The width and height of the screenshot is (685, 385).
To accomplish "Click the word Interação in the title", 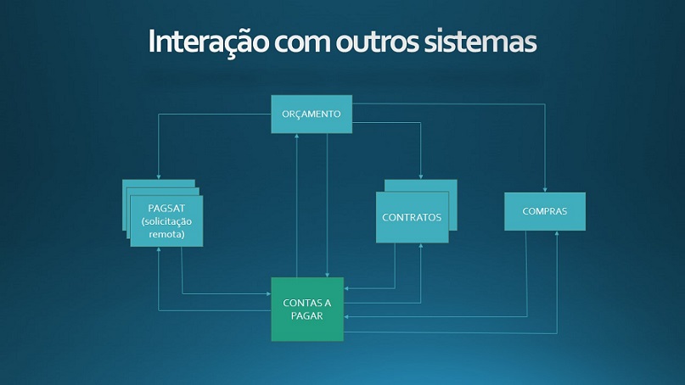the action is coord(209,41).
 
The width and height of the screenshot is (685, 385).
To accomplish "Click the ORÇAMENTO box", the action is coord(312,114).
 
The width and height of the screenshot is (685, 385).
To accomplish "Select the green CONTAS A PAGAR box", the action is coord(307,309).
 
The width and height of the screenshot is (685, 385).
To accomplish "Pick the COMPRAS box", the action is coord(545,211).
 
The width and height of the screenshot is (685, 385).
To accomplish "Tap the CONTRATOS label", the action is coord(412,217).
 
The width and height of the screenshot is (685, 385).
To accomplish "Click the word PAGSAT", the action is coord(166,209).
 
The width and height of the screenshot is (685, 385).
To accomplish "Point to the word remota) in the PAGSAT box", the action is coord(166,234).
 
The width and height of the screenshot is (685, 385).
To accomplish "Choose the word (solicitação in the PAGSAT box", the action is coord(166,221).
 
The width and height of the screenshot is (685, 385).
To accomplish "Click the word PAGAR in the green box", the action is coord(306,315).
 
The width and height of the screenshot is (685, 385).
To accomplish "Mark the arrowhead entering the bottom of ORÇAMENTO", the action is coord(296,136).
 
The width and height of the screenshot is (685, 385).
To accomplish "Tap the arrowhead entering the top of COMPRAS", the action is coord(545,190).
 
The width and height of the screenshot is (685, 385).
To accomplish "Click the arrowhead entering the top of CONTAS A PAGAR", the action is coord(327,275).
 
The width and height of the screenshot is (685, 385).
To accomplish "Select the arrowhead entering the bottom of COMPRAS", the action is coord(557,233).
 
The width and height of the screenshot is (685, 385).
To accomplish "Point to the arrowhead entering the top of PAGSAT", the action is coord(159,176).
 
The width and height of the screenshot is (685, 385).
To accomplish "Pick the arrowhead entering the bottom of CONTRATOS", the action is coord(421,245).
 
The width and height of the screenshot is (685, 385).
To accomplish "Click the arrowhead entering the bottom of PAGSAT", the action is coord(159,248).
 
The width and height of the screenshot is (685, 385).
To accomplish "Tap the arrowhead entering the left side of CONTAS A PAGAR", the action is coord(269,293).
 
